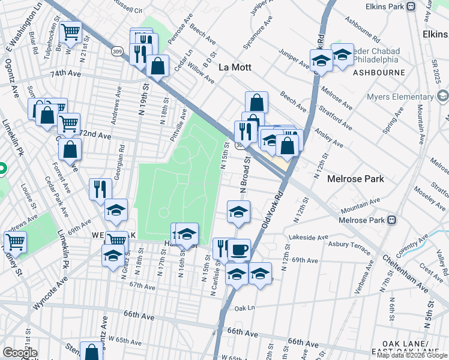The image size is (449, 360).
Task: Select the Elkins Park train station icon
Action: (411, 7)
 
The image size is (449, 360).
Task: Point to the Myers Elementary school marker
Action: (443, 96)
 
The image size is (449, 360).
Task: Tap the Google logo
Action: (20, 353)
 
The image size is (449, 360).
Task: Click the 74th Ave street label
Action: (65, 73)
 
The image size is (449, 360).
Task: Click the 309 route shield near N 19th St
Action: (117, 52)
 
